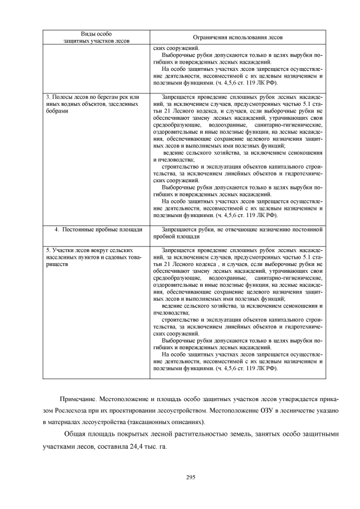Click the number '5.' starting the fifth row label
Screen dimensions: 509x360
[48, 249]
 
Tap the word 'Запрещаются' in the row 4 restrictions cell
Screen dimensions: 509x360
[179, 230]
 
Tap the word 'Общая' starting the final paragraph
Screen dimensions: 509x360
[76, 435]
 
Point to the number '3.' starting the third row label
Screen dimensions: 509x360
[48, 97]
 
